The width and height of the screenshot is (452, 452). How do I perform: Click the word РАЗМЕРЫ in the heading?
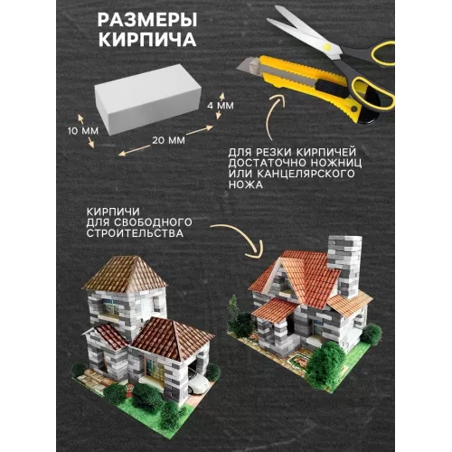tap(147, 21)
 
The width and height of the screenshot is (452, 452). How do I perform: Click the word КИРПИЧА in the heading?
tap(147, 39)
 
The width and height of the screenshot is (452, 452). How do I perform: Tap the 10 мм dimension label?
tap(83, 131)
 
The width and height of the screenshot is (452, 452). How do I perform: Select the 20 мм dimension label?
tap(168, 140)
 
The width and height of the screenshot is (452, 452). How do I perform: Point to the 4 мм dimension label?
tap(221, 106)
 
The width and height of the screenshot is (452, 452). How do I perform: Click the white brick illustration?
tap(147, 101)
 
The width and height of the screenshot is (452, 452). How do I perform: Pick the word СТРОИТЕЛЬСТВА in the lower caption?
tap(135, 233)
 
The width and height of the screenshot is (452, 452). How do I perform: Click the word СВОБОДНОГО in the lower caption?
tap(153, 222)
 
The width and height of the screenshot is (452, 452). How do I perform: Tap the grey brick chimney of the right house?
tap(345, 265)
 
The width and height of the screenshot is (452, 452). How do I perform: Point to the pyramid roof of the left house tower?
tap(125, 274)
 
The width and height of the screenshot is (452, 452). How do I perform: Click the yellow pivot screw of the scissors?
tap(326, 47)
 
